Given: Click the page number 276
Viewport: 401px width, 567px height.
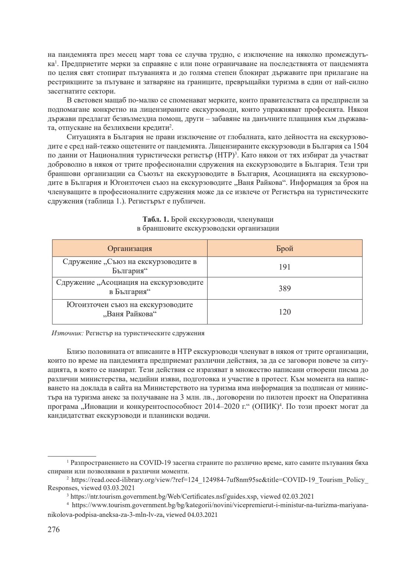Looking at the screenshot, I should [54, 529].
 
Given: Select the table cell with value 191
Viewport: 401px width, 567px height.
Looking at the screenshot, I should [284, 267].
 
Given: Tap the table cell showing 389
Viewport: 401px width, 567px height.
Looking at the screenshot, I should [284, 289].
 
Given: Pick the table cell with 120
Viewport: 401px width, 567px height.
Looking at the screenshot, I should [284, 312].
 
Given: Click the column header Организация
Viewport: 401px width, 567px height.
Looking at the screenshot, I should [130, 248].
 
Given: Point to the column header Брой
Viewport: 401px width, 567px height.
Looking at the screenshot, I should [284, 248].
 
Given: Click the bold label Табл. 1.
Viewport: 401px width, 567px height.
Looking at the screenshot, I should [156, 219].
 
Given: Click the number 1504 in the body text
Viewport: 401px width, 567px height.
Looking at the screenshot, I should [361, 145].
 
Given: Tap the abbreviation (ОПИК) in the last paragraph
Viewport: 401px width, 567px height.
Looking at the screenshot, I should [264, 407].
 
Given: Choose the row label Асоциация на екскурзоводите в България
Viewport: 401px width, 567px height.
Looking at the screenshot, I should [130, 287].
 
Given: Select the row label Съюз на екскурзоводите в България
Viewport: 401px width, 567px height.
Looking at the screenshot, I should [130, 266].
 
